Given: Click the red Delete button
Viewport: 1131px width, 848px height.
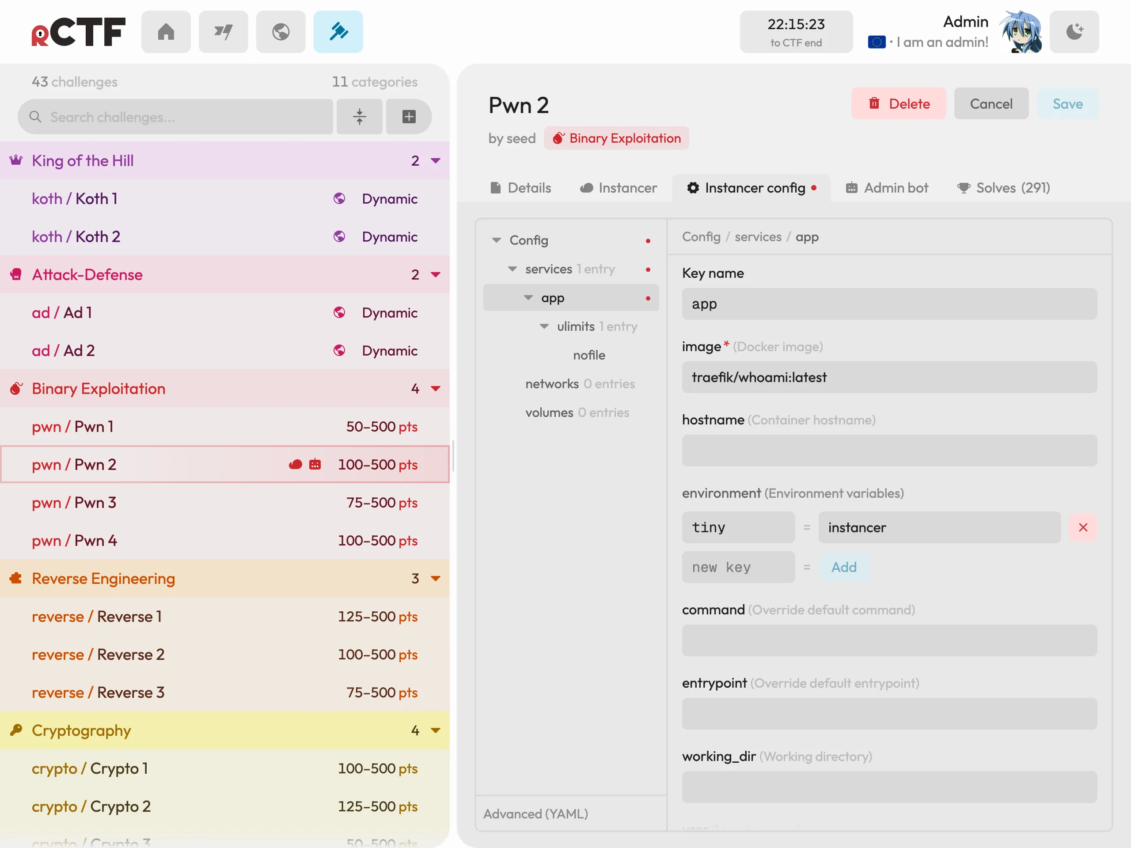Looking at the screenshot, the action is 898,104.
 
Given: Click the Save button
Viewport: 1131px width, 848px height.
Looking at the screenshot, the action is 1067,104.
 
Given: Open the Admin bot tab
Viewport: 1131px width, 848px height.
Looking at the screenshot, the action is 887,188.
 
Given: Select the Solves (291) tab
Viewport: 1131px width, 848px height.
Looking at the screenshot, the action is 1003,188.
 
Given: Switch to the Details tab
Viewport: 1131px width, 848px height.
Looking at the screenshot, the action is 520,188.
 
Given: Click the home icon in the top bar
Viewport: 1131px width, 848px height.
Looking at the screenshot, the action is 166,32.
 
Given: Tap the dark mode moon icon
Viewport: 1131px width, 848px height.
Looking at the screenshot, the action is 1074,32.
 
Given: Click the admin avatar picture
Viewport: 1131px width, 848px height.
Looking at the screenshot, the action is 1021,32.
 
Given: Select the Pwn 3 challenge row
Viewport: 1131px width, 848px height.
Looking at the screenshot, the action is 225,503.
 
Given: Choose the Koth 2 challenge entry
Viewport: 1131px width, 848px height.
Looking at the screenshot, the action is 225,237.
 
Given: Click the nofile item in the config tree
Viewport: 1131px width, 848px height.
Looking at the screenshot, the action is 589,355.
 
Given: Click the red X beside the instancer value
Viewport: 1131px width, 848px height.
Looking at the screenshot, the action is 1083,527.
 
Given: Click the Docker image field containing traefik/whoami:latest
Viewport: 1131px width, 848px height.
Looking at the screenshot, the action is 889,377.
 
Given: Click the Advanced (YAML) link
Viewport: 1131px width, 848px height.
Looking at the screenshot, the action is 535,813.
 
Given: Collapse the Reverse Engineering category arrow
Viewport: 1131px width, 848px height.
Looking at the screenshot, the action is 436,579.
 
